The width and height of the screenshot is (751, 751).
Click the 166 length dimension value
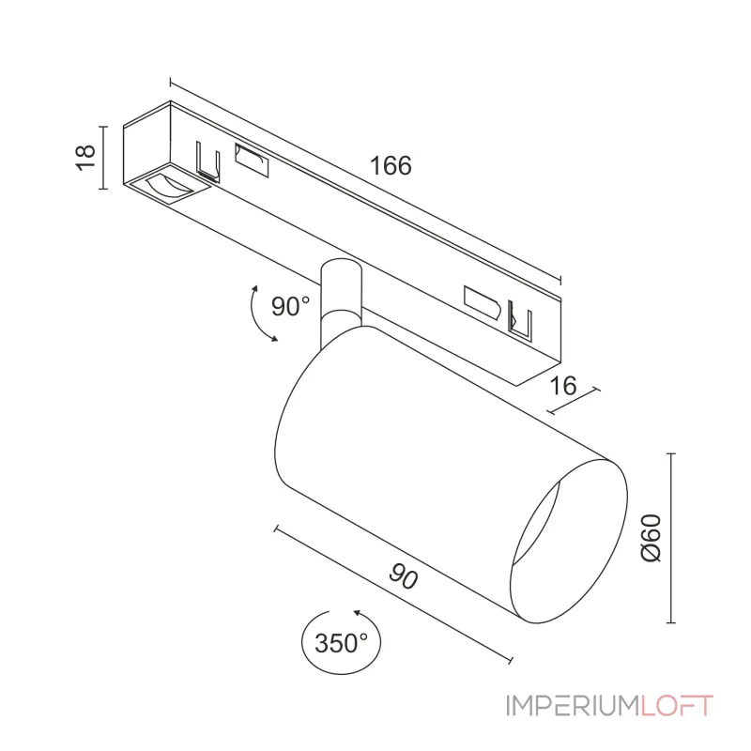391,166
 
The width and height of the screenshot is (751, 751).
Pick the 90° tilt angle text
290,306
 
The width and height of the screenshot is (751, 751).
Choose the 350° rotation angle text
341,643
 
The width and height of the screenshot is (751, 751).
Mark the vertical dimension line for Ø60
670,538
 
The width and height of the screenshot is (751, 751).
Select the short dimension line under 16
570,401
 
